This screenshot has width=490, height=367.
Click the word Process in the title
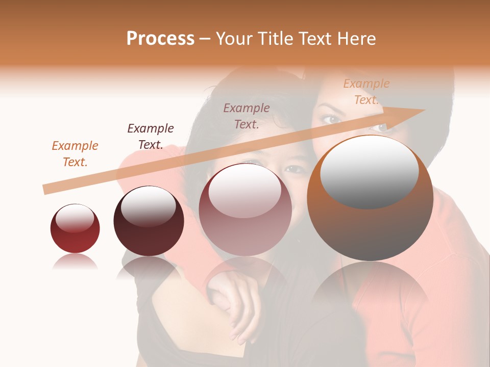pos(160,39)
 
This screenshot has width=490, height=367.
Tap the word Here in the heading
pos(355,39)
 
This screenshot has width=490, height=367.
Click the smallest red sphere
pos(75,228)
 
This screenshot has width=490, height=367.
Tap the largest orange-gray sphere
pos(370,199)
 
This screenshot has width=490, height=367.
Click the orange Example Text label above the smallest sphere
pos(75,154)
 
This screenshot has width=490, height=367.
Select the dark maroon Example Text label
pos(151,137)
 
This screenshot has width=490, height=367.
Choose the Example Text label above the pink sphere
pos(247,116)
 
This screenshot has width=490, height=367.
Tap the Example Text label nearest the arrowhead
pos(366,92)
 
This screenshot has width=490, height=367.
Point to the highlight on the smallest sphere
pos(75,219)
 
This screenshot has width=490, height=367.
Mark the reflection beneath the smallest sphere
pos(75,262)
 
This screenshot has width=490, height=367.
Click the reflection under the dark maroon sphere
pos(149,268)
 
